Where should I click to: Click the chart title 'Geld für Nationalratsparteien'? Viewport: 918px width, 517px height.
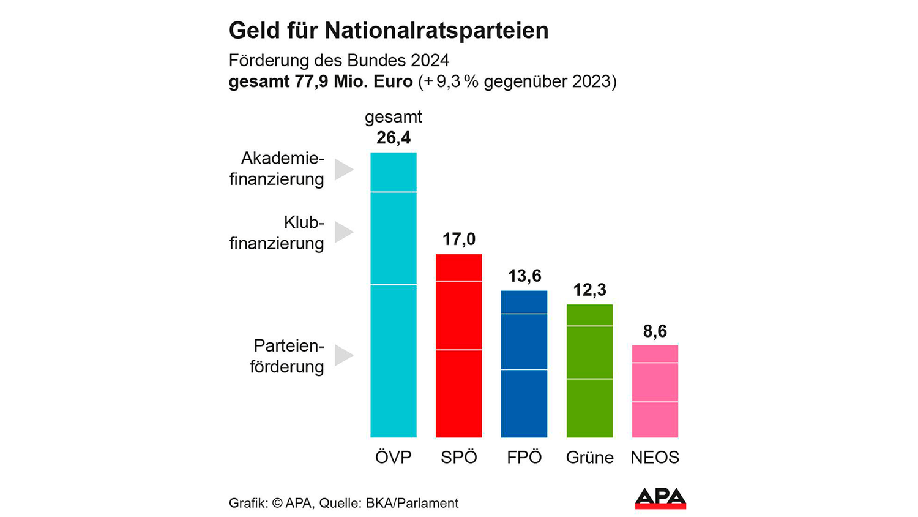389,31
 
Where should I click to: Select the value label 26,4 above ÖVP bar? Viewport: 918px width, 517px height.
394,138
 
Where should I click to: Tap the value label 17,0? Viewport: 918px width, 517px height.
458,239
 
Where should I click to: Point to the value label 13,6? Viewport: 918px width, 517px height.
524,276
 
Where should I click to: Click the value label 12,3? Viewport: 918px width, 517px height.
589,290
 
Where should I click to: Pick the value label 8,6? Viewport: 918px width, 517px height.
655,331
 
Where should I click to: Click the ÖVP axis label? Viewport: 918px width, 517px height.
394,458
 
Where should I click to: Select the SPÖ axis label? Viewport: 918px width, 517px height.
458,458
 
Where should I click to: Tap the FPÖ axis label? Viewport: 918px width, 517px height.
524,458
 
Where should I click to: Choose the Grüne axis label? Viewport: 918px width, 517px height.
589,458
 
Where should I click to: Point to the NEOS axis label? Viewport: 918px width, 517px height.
655,458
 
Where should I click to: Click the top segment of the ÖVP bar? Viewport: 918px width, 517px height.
394,172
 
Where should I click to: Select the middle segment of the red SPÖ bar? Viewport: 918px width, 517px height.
458,315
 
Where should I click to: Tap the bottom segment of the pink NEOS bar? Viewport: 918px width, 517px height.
655,420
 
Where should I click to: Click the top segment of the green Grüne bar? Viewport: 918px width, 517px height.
589,315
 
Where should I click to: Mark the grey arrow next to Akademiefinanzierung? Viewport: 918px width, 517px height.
343,169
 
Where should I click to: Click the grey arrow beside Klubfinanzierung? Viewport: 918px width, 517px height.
343,232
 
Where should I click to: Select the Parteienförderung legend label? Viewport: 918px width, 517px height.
286,356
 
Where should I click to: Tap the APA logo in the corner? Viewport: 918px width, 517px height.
660,498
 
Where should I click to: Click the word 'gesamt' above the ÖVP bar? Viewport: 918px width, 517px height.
394,116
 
